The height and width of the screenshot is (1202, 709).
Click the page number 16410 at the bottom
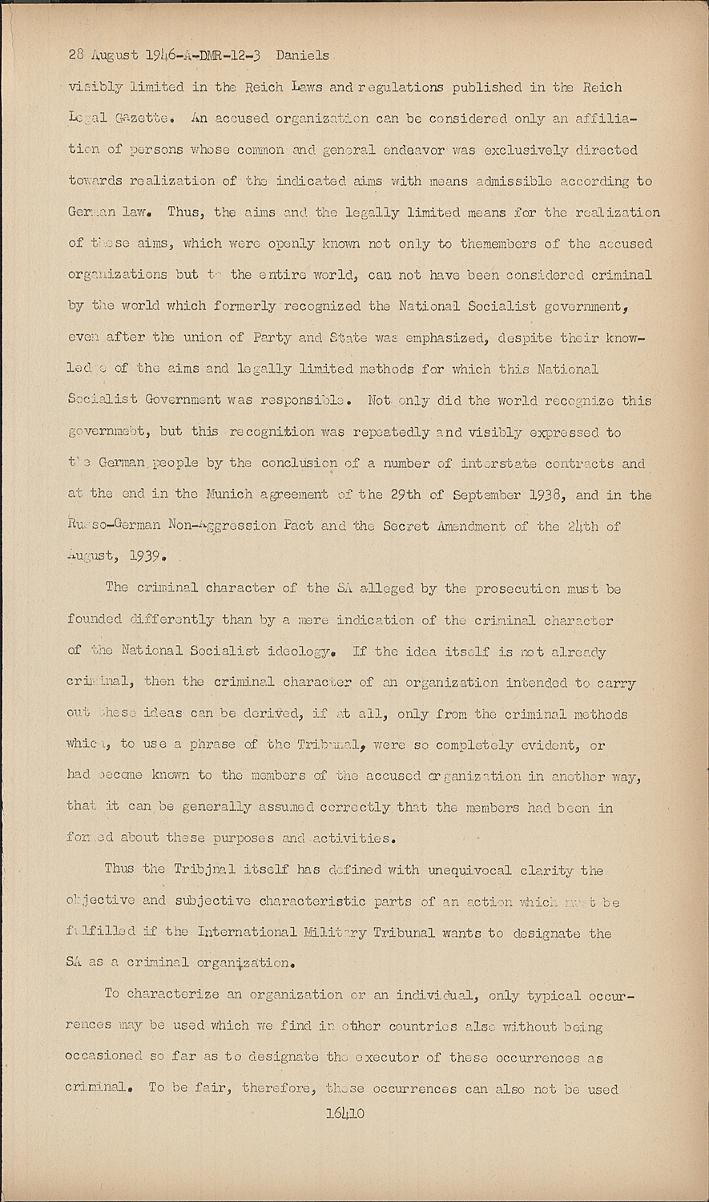pyautogui.click(x=345, y=1113)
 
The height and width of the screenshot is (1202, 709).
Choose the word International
pyautogui.click(x=261, y=933)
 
